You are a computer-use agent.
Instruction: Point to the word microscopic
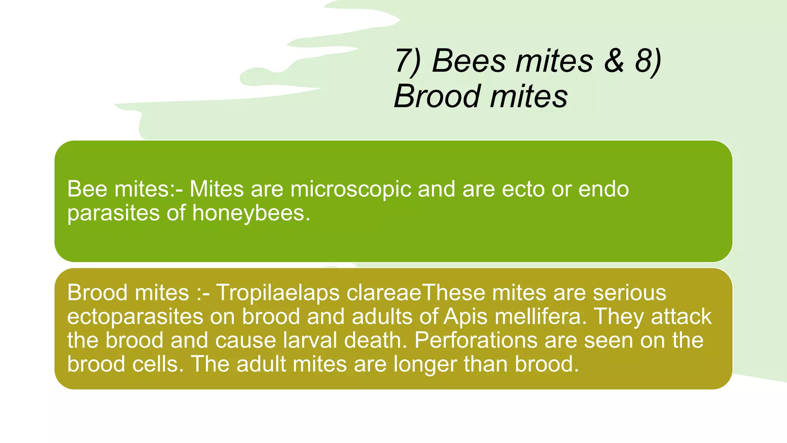point(350,190)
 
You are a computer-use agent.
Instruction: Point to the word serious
point(629,293)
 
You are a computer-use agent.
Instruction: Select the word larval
point(310,340)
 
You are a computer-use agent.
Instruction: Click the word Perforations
point(476,340)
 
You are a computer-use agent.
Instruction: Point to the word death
point(375,340)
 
